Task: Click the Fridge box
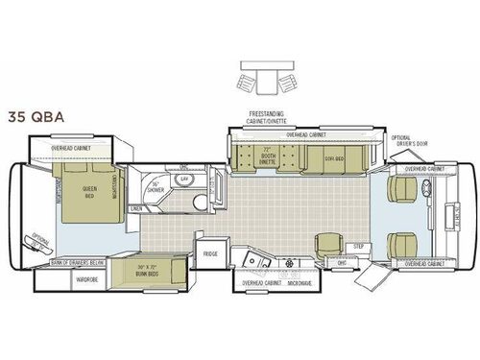[208, 254]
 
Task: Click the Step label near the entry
[358, 246]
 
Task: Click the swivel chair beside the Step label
[329, 244]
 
